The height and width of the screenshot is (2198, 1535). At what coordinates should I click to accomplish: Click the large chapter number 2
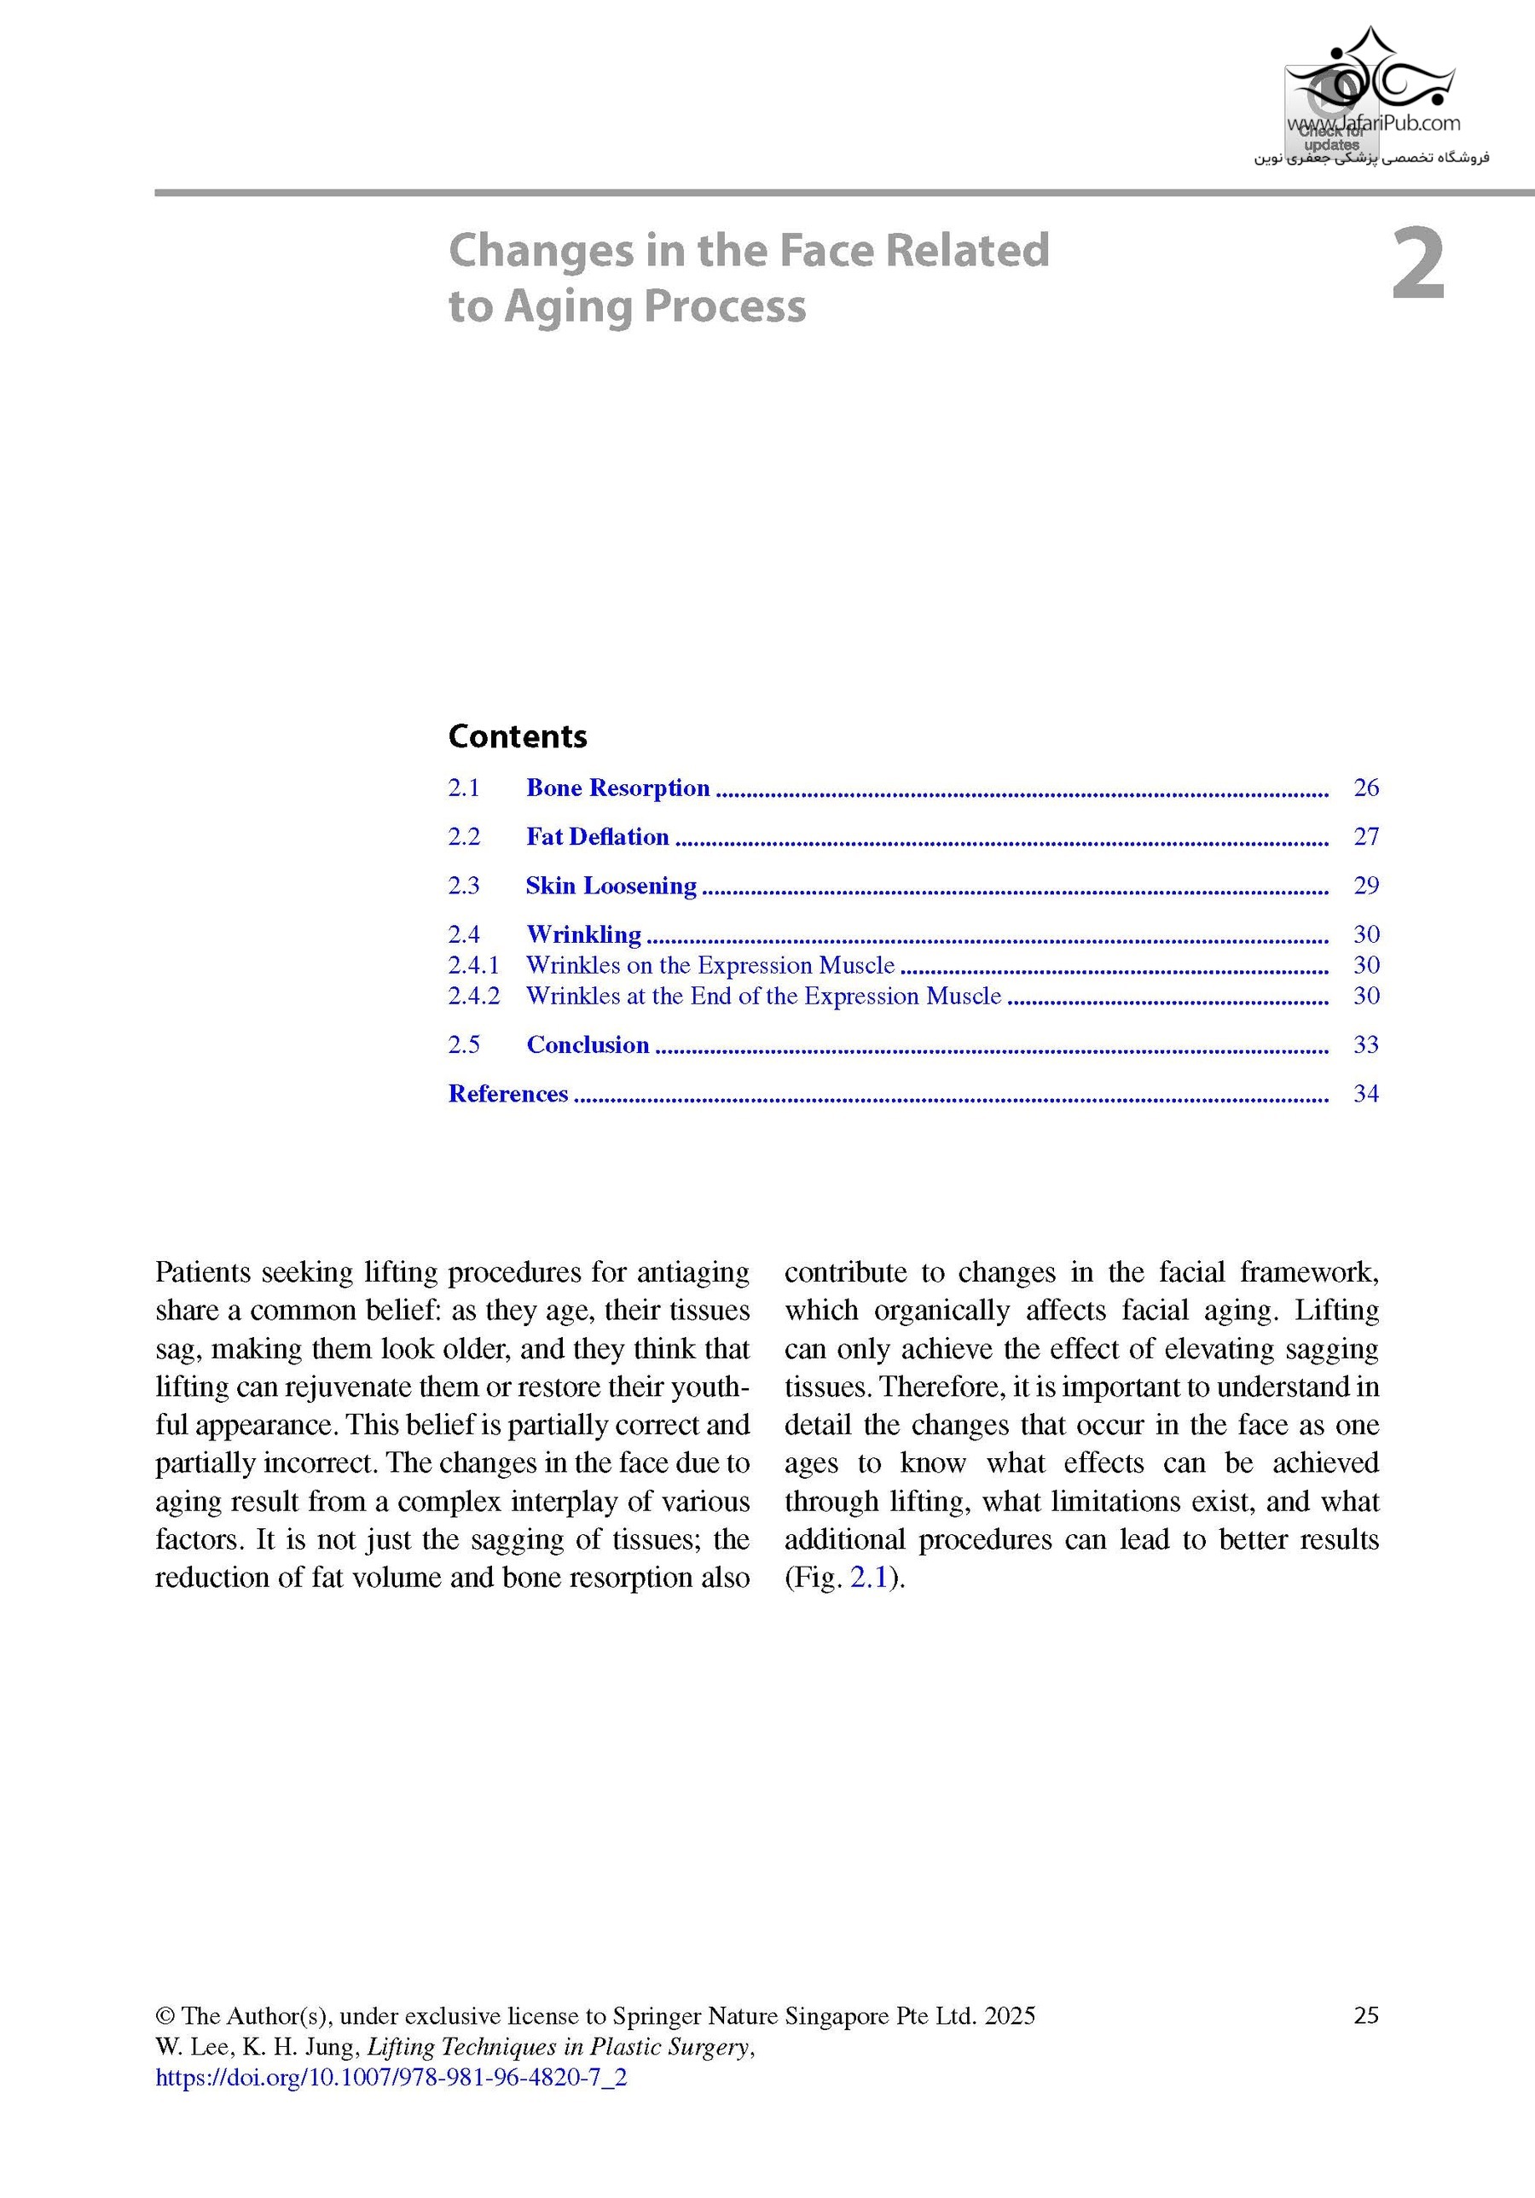pyautogui.click(x=1417, y=266)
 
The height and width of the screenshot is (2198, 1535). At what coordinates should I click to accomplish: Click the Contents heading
pyautogui.click(x=517, y=736)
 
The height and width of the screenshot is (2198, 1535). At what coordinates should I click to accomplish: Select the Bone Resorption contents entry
pyautogui.click(x=617, y=788)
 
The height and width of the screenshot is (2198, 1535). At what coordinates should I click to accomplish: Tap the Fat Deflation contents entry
pyautogui.click(x=597, y=837)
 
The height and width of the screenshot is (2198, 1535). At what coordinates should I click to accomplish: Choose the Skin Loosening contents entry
pyautogui.click(x=611, y=886)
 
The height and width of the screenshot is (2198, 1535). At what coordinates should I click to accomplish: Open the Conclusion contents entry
pyautogui.click(x=588, y=1044)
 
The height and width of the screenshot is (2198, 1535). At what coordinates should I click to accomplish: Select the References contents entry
pyautogui.click(x=508, y=1093)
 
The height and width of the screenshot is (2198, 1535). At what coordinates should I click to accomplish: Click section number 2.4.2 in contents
pyautogui.click(x=473, y=996)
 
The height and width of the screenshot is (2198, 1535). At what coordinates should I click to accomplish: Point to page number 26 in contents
pyautogui.click(x=1365, y=788)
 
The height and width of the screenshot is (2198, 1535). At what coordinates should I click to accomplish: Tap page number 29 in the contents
pyautogui.click(x=1365, y=886)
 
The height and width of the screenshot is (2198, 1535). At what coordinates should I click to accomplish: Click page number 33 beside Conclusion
pyautogui.click(x=1365, y=1044)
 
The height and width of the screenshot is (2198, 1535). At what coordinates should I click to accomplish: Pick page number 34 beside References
pyautogui.click(x=1365, y=1093)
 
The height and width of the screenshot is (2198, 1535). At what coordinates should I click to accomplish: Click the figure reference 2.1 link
pyautogui.click(x=869, y=1578)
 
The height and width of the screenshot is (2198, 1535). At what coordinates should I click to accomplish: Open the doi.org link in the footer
pyautogui.click(x=391, y=2078)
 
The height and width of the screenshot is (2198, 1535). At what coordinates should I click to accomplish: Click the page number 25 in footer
pyautogui.click(x=1365, y=2016)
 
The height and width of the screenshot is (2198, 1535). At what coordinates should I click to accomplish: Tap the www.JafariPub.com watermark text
pyautogui.click(x=1373, y=123)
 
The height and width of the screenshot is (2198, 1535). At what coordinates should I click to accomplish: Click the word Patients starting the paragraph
pyautogui.click(x=203, y=1272)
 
